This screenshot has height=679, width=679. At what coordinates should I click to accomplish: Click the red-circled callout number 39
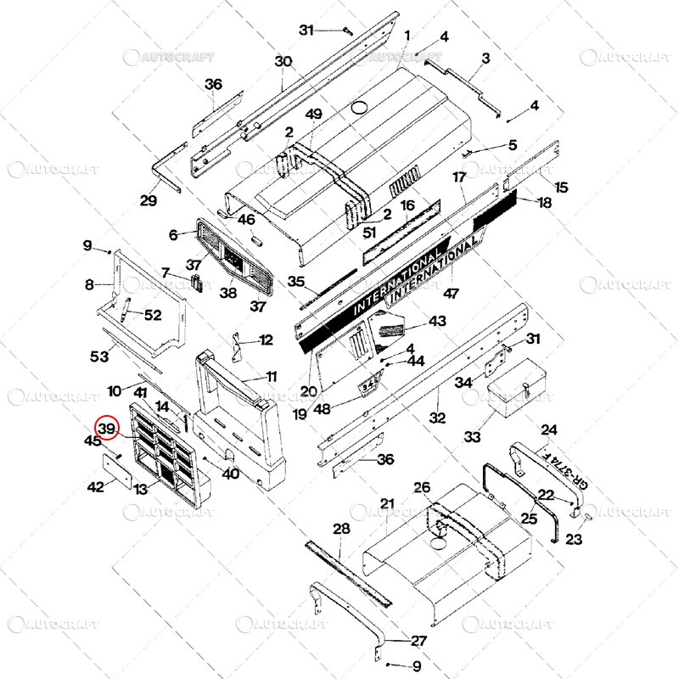(107, 429)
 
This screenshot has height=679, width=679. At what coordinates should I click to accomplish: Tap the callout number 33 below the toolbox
(472, 436)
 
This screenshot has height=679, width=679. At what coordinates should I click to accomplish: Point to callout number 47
(451, 293)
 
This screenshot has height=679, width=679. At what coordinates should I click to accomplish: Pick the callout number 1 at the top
(407, 36)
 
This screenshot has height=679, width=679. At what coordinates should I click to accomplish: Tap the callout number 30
(283, 62)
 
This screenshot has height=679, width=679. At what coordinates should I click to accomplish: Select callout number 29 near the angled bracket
(149, 200)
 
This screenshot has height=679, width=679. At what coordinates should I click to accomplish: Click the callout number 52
(152, 315)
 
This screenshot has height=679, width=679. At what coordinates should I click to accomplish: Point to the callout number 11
(271, 376)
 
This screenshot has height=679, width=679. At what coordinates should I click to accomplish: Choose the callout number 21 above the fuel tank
(388, 504)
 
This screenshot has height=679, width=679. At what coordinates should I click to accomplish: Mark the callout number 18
(544, 202)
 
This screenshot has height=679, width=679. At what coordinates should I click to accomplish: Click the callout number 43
(437, 322)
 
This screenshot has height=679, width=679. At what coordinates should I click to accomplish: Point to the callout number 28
(341, 529)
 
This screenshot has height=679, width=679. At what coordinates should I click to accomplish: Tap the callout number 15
(561, 187)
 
